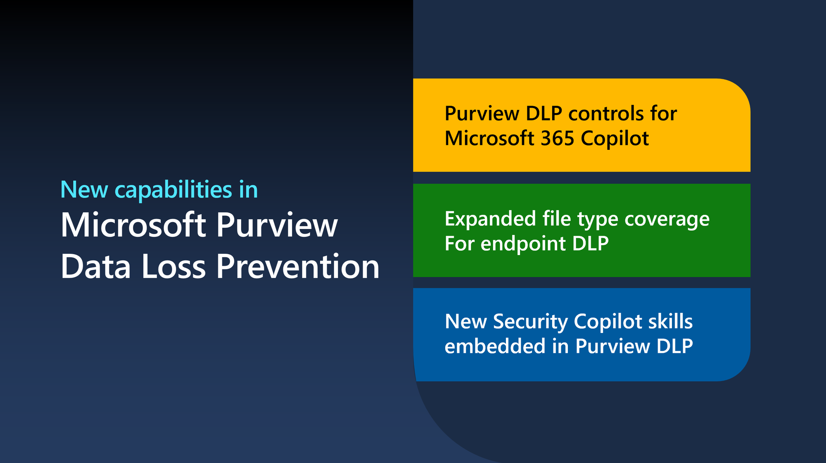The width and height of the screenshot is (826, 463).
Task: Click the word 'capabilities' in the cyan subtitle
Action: click(173, 190)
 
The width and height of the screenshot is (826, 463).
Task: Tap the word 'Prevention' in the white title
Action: click(298, 267)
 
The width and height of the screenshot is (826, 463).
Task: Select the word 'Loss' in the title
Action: click(173, 267)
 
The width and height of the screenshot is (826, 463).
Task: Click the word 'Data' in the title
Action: click(96, 267)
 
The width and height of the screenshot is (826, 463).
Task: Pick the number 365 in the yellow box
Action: click(558, 138)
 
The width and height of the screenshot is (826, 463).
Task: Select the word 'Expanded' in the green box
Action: click(490, 219)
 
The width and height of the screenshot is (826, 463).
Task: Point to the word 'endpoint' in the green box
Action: click(523, 244)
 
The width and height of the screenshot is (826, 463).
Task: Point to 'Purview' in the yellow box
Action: click(482, 114)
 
